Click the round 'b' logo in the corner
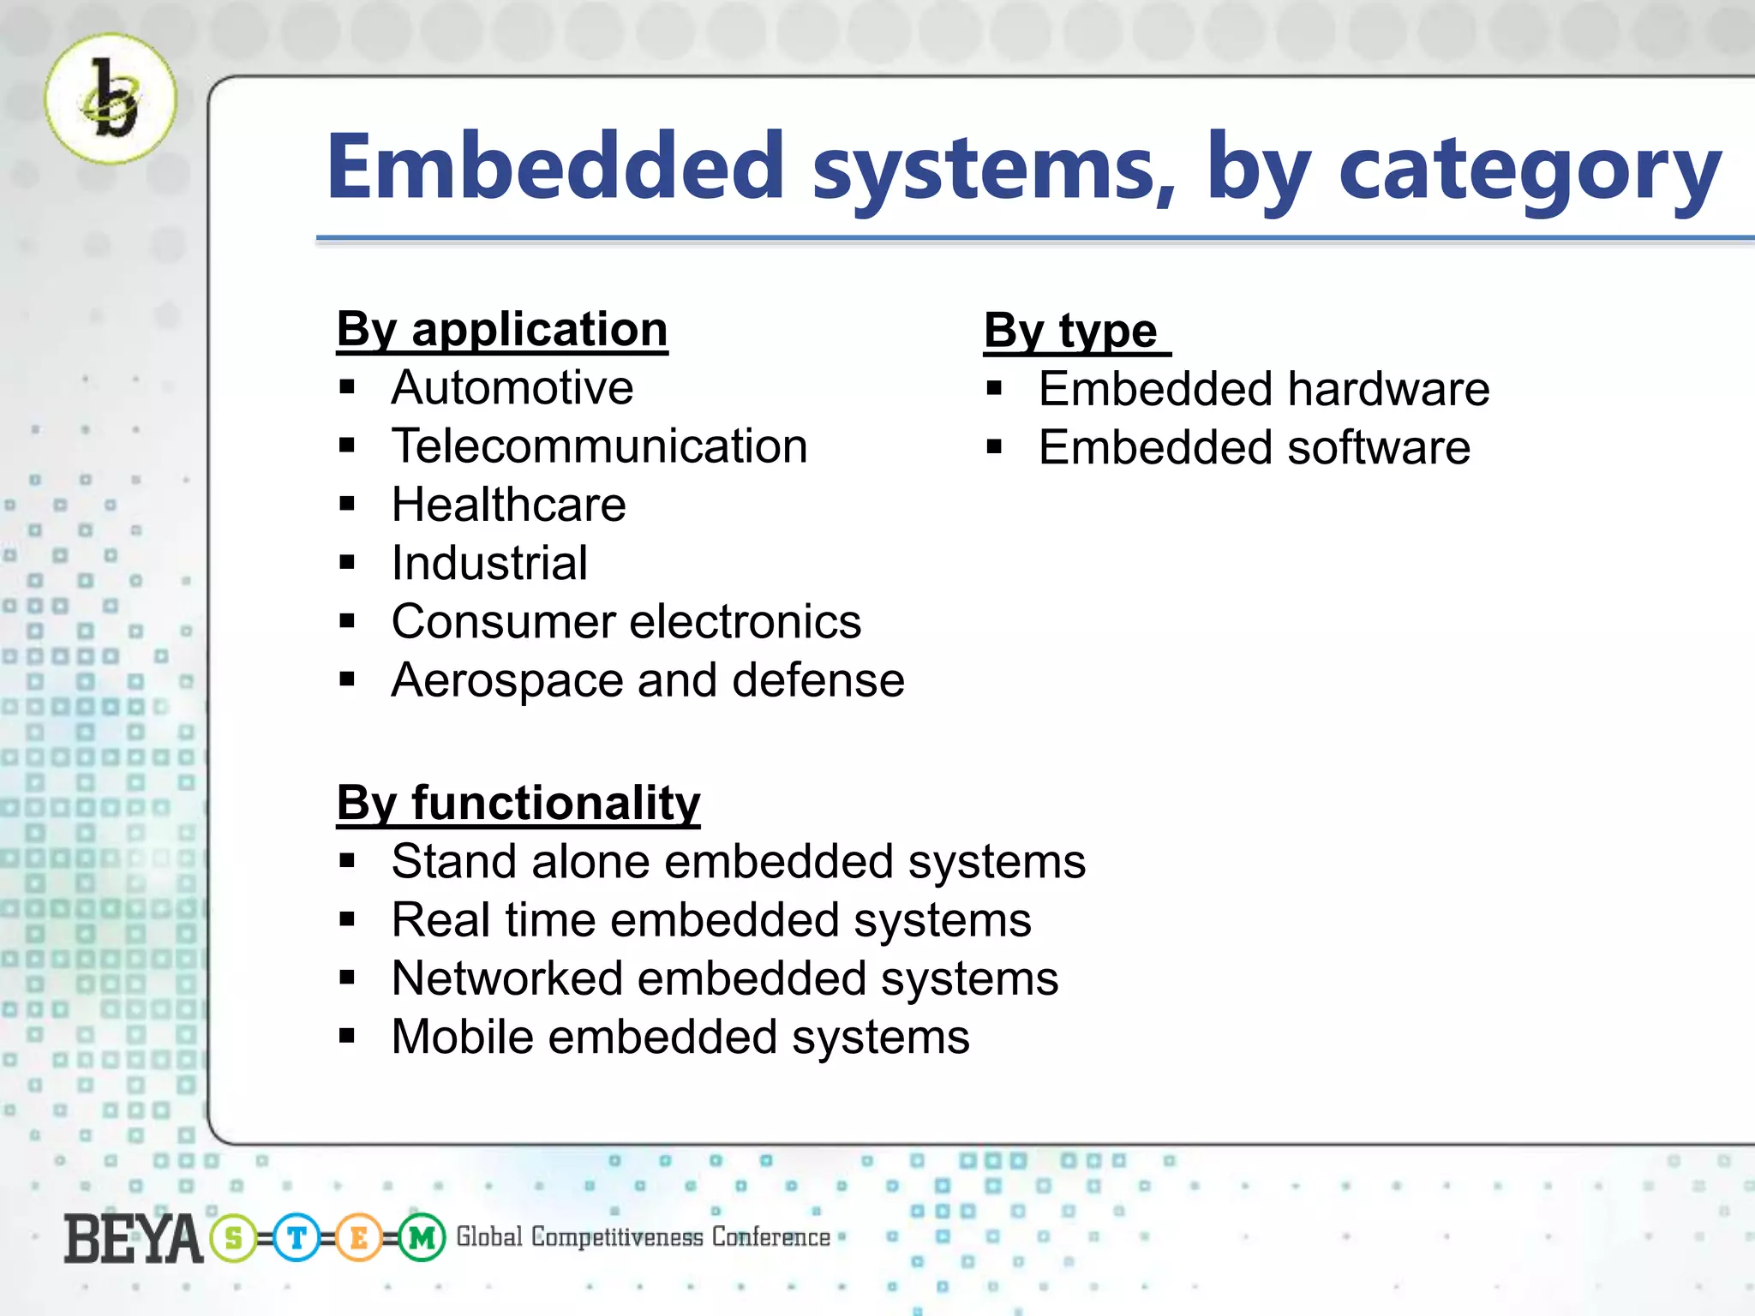click(x=111, y=99)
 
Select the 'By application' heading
click(x=501, y=330)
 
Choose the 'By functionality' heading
click(x=518, y=804)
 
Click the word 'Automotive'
click(x=512, y=388)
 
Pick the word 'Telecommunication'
click(x=599, y=446)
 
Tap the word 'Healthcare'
click(x=508, y=505)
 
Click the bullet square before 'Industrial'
click(x=347, y=563)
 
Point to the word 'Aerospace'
click(x=507, y=681)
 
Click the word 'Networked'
click(x=507, y=978)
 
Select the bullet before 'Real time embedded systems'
click(x=347, y=920)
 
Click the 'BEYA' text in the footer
click(x=133, y=1239)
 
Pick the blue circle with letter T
click(x=296, y=1238)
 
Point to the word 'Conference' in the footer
click(x=770, y=1237)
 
